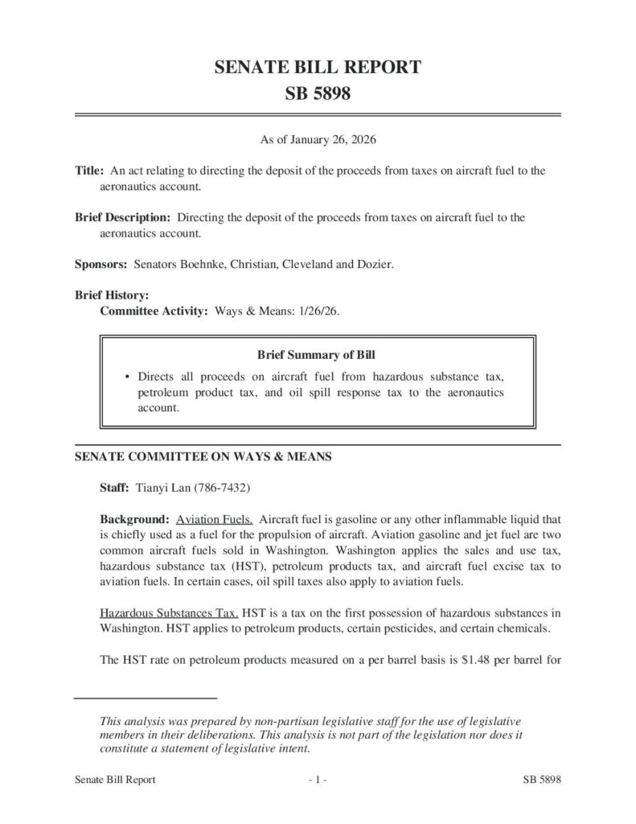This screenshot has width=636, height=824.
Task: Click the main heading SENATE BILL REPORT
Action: point(318,68)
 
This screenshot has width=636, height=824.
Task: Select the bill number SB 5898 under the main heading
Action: point(318,95)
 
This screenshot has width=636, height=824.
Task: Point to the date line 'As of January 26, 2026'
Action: point(318,140)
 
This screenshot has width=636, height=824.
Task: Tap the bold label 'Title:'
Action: point(89,172)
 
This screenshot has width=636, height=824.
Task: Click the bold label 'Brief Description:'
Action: point(123,217)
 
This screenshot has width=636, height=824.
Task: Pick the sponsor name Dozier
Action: point(375,263)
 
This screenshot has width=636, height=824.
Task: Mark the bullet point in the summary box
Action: point(129,377)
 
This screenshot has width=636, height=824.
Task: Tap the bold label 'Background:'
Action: point(134,519)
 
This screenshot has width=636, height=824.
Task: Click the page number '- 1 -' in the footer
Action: point(318,780)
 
